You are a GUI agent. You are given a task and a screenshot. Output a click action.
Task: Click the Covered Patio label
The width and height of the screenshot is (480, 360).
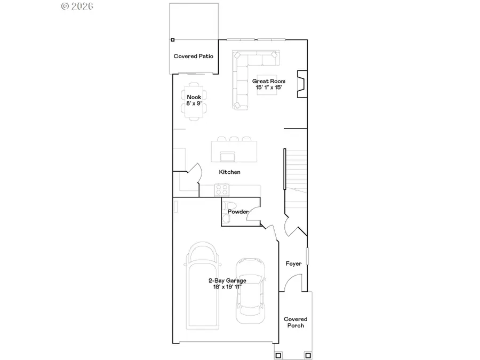[x=193, y=56]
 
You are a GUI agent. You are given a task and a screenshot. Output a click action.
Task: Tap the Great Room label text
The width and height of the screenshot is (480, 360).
[x=265, y=84]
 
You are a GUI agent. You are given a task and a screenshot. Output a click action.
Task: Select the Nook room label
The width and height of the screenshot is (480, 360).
[x=194, y=100]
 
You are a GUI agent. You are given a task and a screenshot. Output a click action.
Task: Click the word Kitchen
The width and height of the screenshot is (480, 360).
[x=230, y=172]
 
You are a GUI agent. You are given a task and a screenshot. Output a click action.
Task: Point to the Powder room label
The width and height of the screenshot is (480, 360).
[x=238, y=212]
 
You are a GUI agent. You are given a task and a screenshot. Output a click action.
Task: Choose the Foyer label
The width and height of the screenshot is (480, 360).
[x=293, y=263]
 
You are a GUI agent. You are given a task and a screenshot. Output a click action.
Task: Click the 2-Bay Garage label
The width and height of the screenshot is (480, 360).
[x=227, y=283]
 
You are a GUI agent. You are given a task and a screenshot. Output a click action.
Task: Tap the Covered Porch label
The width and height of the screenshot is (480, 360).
[x=295, y=322]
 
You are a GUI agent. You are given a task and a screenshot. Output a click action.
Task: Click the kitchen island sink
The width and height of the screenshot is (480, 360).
[x=228, y=156]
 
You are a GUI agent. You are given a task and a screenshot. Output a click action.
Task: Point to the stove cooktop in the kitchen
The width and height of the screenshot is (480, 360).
[x=221, y=189]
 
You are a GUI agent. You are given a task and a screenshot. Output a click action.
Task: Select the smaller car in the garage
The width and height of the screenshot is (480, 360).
[x=250, y=291]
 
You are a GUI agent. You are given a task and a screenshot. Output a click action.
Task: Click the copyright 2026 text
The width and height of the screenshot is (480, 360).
[x=78, y=6]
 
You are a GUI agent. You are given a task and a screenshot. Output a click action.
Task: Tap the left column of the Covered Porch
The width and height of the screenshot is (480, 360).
[x=277, y=355]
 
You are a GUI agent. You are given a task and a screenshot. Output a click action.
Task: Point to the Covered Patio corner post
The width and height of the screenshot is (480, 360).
[x=172, y=39]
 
